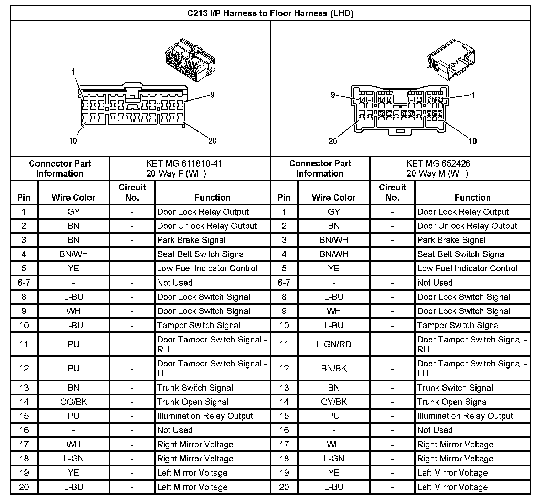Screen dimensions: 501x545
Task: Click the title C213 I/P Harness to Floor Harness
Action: coord(270,13)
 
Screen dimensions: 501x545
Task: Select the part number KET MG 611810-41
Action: coord(184,163)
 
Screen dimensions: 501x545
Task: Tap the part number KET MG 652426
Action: coord(438,163)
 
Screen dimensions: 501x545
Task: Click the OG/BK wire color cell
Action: coord(73,402)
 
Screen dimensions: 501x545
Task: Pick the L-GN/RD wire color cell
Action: coord(334,344)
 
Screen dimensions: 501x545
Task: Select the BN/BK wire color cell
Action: coord(334,368)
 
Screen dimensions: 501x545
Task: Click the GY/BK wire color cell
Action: coord(334,402)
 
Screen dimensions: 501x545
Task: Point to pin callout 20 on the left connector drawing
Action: coord(212,141)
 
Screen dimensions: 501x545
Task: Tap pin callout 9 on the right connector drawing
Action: coord(332,95)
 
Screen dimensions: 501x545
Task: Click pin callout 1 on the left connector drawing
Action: coord(73,72)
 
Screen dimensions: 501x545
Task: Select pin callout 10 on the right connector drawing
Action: coord(473,141)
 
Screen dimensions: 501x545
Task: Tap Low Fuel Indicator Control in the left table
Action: coord(207,268)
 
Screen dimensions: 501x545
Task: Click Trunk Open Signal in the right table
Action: coord(453,402)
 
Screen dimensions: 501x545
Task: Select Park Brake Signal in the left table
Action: coord(191,240)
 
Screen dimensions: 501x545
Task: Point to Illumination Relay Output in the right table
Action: coord(465,416)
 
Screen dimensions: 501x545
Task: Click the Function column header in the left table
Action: coord(212,198)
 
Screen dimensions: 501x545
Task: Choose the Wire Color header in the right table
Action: coord(333,198)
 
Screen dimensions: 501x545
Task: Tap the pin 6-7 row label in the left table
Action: coord(24,283)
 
